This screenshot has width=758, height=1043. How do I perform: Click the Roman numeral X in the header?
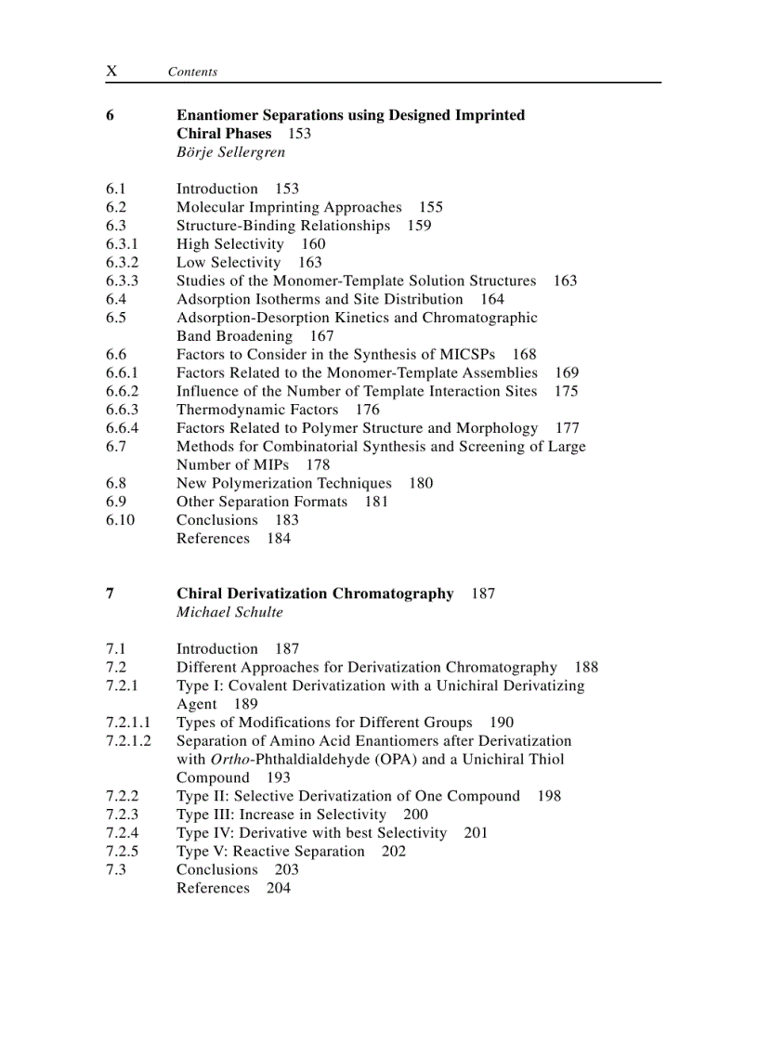coord(111,72)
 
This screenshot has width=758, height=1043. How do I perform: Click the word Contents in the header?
coord(192,72)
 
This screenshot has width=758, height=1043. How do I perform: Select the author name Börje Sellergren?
coord(230,152)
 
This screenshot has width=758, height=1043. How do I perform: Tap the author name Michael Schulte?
coord(229,612)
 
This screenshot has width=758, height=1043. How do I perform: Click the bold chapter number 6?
coord(110,115)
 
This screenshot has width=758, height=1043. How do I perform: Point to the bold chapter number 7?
coord(110,593)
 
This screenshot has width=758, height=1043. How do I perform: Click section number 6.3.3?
coord(122,280)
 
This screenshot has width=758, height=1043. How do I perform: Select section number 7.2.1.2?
coord(128,741)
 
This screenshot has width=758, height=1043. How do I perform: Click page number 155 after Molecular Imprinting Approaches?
coord(430,207)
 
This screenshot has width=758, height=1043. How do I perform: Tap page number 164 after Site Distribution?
coord(492,299)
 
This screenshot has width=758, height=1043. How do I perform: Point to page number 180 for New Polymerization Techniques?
coord(421,483)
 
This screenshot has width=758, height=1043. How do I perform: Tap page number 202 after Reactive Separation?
coord(394,852)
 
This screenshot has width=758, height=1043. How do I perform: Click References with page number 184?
coord(213,539)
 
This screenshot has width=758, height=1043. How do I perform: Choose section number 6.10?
coord(120,520)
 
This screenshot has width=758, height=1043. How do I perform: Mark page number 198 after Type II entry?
coord(549,796)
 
